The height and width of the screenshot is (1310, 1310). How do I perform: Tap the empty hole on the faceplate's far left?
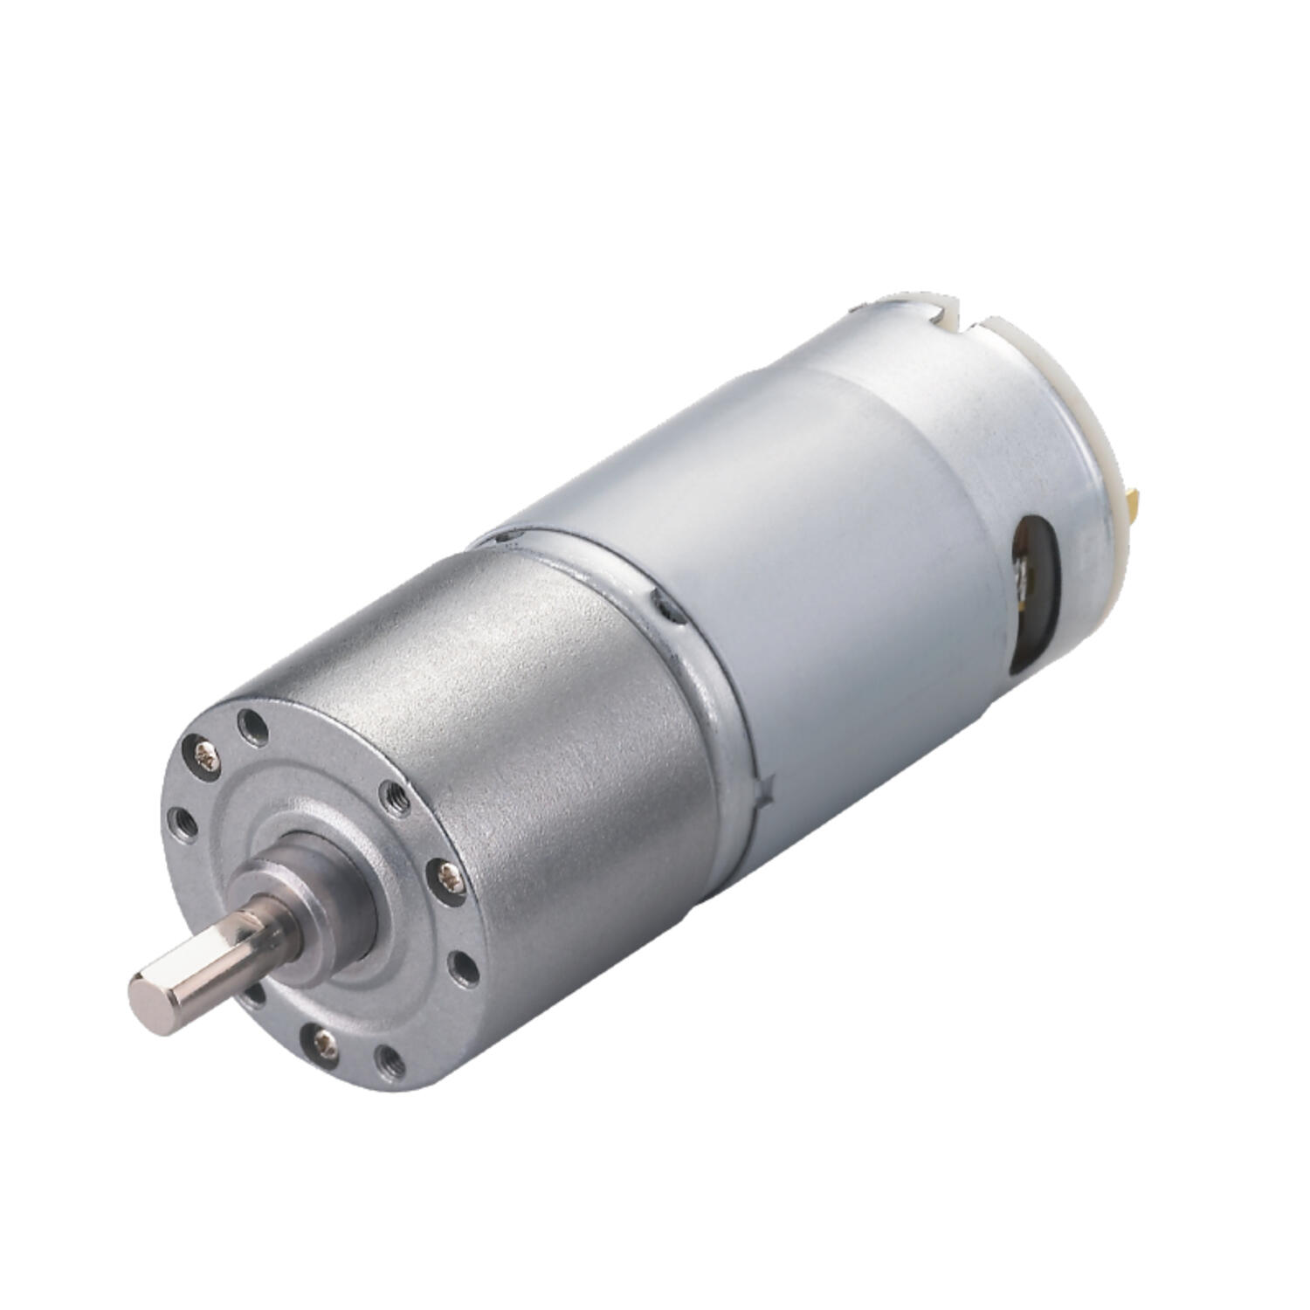pyautogui.click(x=182, y=818)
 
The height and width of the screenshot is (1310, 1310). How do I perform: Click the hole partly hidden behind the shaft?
pyautogui.click(x=256, y=996)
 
